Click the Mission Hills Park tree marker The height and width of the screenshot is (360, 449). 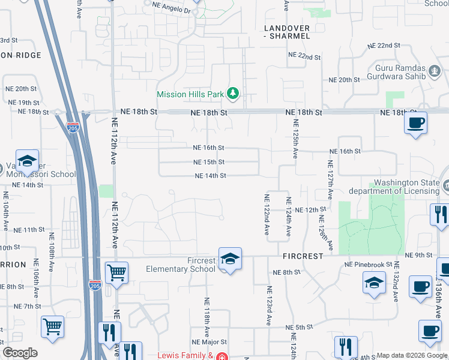pos(233,93)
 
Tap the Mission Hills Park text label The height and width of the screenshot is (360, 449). pos(190,94)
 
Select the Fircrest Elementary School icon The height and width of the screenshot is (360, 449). pos(230,259)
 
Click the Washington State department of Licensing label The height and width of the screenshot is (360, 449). pos(408,187)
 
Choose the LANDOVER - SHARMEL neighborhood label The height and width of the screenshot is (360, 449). pos(288,32)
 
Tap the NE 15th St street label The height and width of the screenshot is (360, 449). pos(209,162)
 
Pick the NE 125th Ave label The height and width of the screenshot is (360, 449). pos(295,139)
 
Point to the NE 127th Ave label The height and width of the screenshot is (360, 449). pos(330,179)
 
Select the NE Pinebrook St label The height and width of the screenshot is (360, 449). pos(368,264)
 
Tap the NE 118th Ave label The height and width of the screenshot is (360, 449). pos(206,317)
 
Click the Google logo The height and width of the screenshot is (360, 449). pos(20,353)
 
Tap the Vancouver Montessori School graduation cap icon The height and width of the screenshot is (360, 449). pos(27,161)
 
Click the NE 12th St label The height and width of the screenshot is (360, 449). pos(315,210)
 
